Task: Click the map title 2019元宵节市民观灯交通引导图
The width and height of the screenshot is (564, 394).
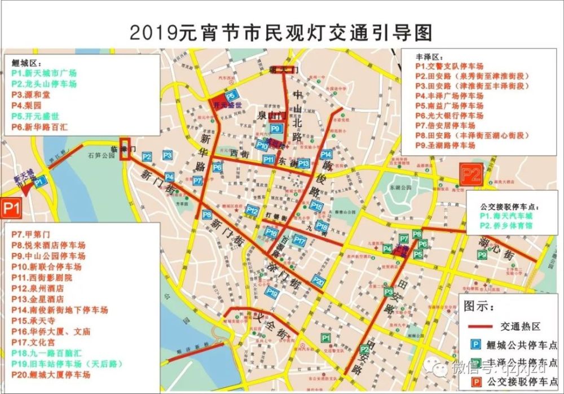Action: [280, 32]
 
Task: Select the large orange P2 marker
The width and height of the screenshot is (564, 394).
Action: [471, 174]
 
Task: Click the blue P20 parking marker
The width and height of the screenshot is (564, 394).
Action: [319, 281]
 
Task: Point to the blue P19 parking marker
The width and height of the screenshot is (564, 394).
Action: [273, 292]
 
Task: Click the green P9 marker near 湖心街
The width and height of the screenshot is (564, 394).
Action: [482, 255]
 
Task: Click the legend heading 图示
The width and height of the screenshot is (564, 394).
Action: [479, 307]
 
